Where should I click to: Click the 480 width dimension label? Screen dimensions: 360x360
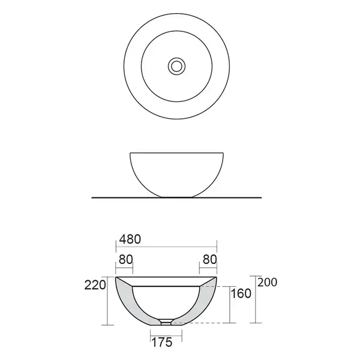pos(130,239)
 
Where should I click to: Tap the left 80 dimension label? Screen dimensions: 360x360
pos(126,260)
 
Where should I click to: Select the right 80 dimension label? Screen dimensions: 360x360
pos(209,260)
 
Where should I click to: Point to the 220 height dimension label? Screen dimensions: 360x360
pos(95,286)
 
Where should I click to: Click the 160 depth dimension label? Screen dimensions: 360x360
pos(241,293)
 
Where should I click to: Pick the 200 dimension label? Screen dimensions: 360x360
pos(267,283)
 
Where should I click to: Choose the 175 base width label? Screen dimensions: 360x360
pos(162,343)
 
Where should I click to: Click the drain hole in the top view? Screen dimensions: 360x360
pos(176,67)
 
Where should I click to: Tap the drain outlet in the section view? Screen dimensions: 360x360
pos(166,322)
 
